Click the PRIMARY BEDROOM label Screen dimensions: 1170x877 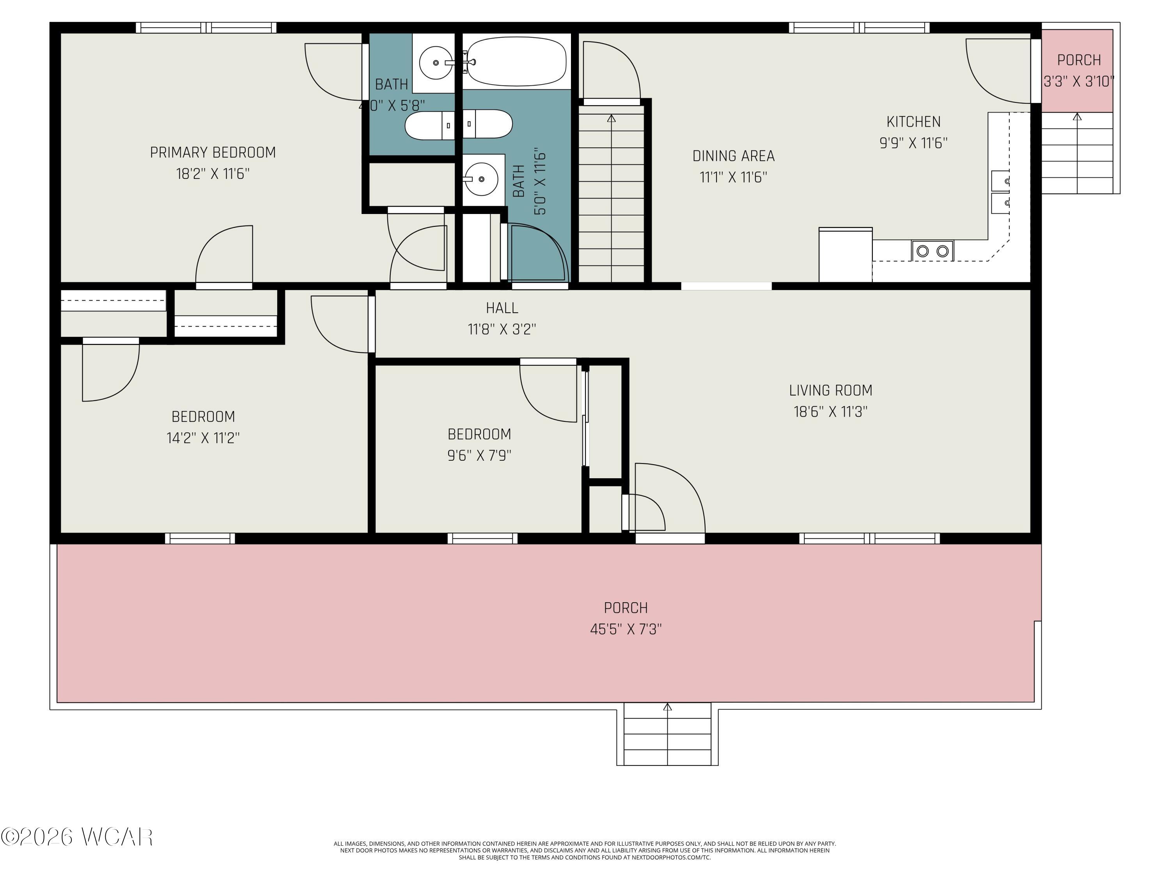213,153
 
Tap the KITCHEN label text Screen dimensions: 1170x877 913,122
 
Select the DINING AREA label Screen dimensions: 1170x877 733,156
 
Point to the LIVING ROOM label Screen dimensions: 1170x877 830,391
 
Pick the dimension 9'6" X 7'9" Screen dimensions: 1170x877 479,455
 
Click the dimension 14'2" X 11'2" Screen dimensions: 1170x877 203,438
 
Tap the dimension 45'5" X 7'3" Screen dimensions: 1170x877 626,629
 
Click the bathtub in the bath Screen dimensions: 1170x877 517,61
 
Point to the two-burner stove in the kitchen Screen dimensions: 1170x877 932,251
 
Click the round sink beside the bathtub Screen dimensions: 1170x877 436,63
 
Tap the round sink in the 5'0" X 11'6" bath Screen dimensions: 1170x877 481,179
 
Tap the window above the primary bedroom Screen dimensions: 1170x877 206,28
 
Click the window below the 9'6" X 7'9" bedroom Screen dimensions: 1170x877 482,539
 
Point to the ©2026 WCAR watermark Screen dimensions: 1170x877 77,837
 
